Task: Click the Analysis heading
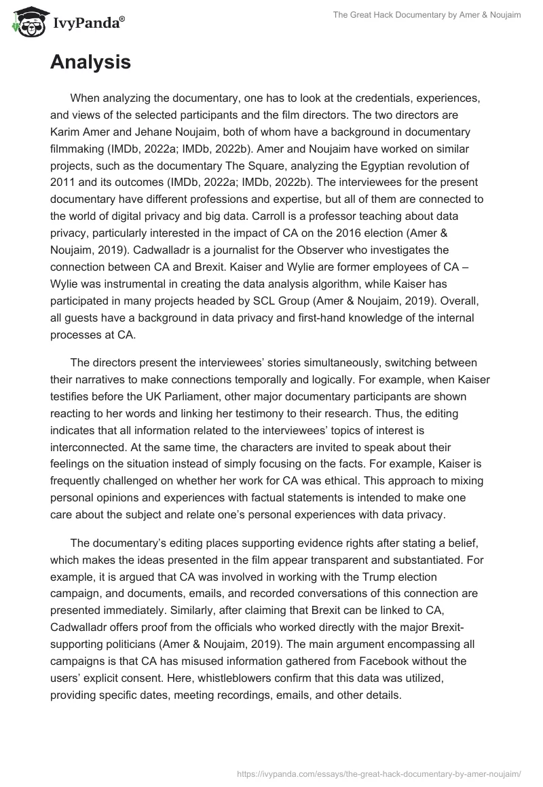click(90, 62)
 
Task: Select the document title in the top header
click(426, 15)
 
